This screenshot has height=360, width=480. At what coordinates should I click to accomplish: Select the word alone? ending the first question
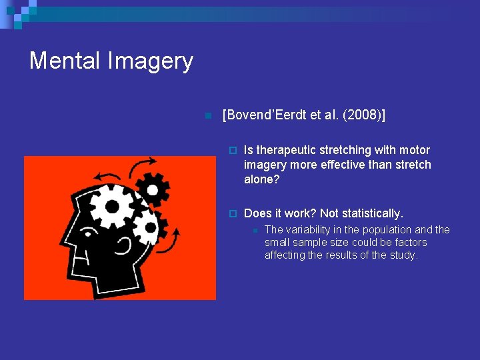click(262, 179)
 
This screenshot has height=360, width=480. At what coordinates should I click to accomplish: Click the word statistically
click(372, 213)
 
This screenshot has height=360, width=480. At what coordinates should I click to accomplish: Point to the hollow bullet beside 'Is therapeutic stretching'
click(232, 151)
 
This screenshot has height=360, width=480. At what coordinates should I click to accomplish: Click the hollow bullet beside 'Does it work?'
click(232, 214)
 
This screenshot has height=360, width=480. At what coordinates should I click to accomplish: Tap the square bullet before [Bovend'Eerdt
click(207, 116)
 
